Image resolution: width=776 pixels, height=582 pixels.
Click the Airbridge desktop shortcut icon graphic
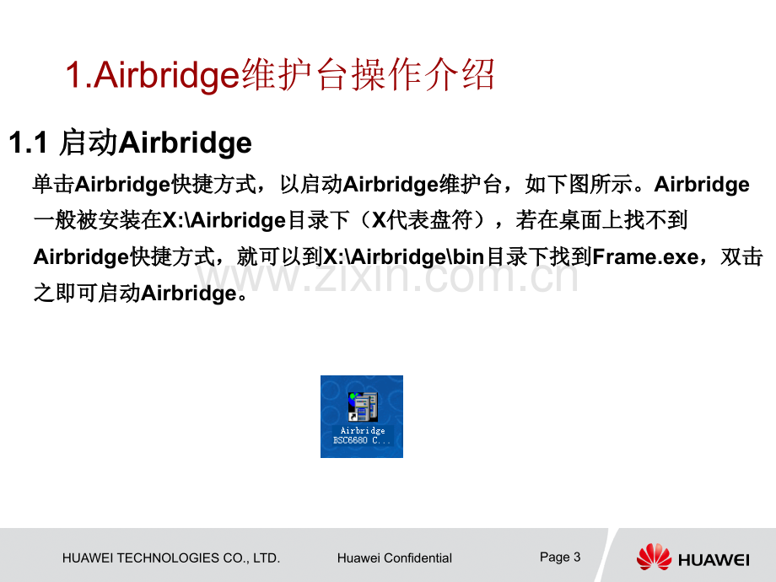coord(363,407)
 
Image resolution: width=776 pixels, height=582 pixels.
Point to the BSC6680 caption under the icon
coord(362,441)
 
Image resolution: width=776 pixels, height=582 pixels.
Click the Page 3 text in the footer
coord(560,557)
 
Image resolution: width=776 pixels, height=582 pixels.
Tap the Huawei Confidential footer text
coord(394,558)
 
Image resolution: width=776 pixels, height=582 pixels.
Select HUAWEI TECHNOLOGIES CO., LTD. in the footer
coord(171,558)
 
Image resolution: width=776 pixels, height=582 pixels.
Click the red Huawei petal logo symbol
coord(654,557)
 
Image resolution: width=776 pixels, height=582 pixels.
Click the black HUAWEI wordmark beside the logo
coord(714,558)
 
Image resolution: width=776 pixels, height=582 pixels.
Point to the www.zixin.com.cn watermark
coord(388,277)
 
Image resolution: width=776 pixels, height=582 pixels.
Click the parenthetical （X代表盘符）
coord(431,221)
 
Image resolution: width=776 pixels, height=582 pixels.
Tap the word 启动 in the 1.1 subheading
coord(89,143)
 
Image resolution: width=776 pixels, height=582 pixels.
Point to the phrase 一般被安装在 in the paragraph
coord(97,221)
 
